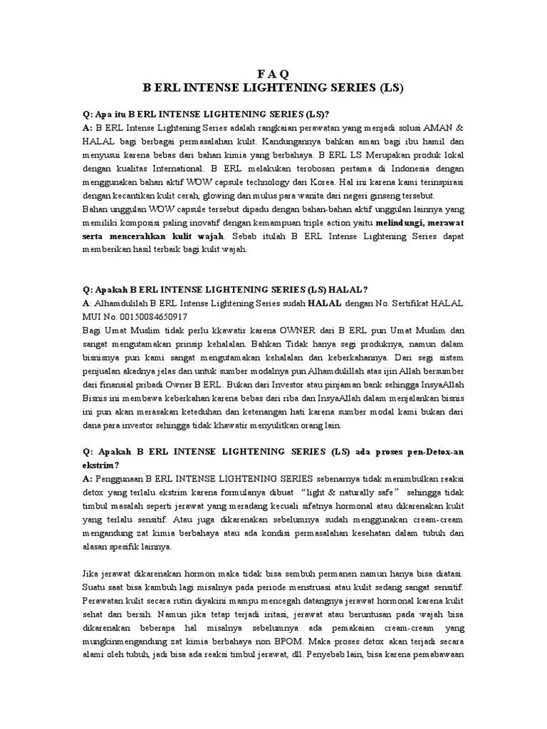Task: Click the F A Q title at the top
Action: click(x=273, y=73)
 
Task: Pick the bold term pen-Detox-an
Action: click(x=431, y=452)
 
